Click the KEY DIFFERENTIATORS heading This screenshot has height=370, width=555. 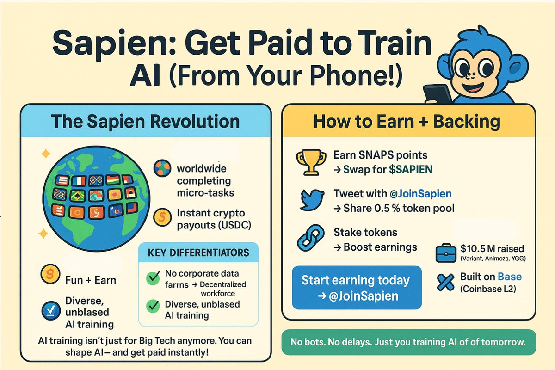198,253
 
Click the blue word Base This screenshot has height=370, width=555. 509,277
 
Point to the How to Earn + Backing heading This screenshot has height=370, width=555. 407,121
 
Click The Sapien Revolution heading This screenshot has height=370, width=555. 145,121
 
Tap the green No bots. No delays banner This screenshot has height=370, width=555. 408,343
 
